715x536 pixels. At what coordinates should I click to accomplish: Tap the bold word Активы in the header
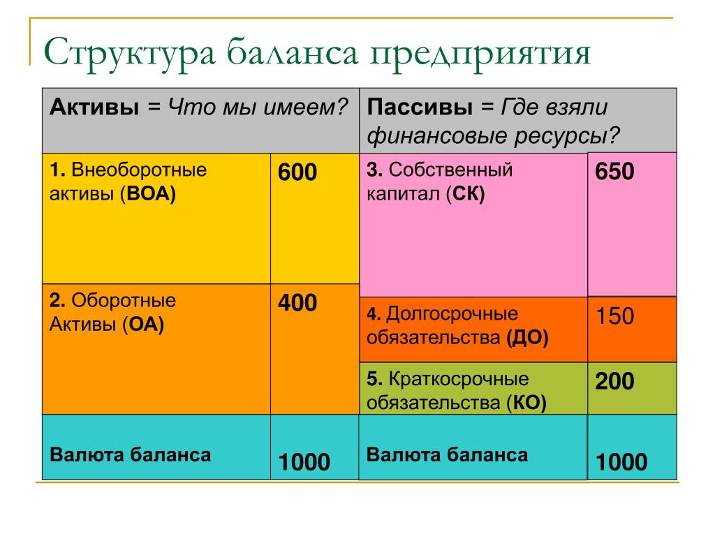click(94, 107)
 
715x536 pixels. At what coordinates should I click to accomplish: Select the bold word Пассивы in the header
click(420, 107)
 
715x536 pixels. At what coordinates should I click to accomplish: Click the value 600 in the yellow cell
click(297, 172)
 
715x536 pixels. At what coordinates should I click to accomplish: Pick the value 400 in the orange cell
click(297, 303)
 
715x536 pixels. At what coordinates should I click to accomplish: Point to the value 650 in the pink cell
click(614, 172)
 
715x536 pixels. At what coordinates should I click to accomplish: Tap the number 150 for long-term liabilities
click(615, 316)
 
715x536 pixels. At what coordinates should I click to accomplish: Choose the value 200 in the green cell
click(614, 381)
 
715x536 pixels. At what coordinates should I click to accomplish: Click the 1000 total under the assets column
click(304, 462)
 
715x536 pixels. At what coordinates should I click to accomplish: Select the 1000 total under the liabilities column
click(621, 462)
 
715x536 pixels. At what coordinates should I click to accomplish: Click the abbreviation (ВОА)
click(148, 194)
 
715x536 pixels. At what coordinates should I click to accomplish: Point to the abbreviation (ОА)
click(143, 325)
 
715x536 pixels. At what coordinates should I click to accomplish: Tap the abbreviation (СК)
click(465, 194)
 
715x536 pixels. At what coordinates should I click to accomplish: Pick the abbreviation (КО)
click(526, 403)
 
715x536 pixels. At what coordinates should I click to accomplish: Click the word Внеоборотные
click(139, 170)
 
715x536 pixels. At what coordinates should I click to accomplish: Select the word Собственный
click(450, 170)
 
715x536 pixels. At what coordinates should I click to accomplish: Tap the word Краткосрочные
click(459, 379)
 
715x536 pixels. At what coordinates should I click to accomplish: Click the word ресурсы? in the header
click(567, 136)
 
